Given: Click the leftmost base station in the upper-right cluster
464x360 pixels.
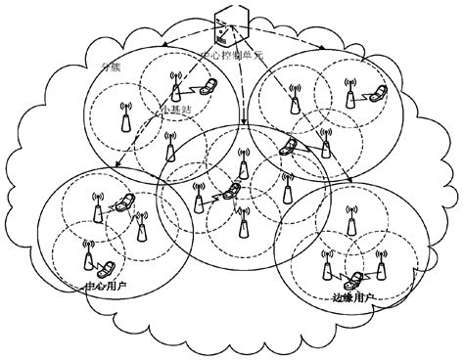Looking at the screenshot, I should pos(291,102).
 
